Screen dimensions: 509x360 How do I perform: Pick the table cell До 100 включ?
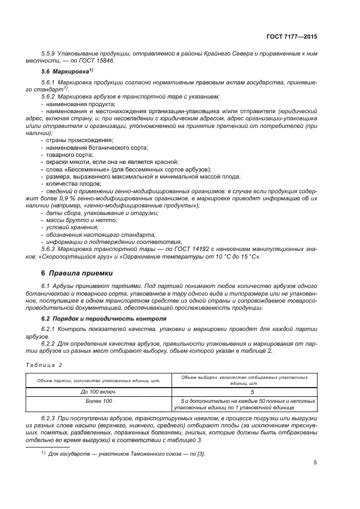[x=99, y=391]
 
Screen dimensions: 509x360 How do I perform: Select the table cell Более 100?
[x=99, y=401]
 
